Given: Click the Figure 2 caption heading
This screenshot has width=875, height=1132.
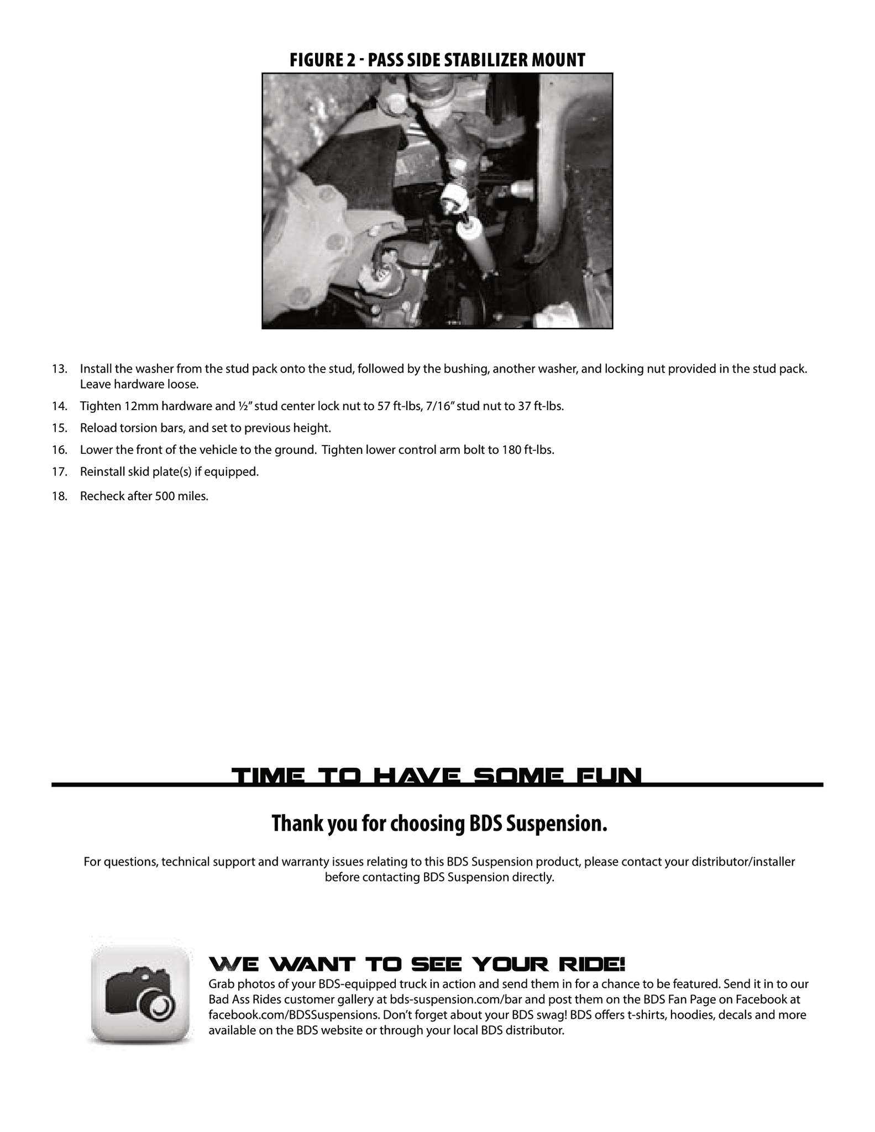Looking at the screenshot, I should click(437, 60).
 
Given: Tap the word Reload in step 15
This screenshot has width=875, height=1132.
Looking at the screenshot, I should click(97, 428).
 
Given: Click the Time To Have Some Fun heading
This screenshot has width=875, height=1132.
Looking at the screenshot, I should click(437, 776).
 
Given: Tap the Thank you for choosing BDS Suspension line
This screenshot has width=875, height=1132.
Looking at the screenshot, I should click(439, 824).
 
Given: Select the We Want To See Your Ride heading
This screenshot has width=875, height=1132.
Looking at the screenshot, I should click(417, 965).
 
